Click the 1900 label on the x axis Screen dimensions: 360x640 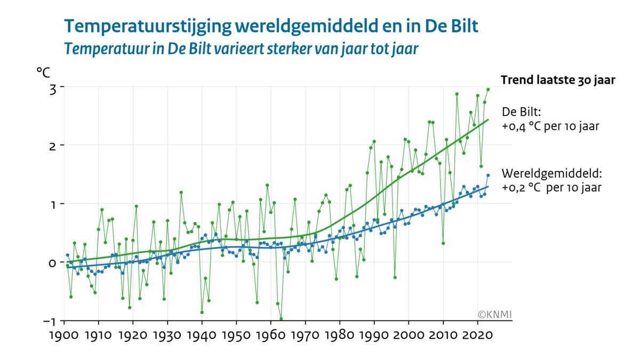pyautogui.click(x=65, y=337)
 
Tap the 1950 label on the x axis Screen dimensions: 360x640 pyautogui.click(x=236, y=337)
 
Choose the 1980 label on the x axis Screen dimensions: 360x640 pyautogui.click(x=340, y=337)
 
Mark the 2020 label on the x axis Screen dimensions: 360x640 pyautogui.click(x=477, y=337)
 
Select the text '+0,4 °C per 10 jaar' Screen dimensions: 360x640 pyautogui.click(x=551, y=127)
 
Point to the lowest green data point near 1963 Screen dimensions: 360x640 pyautogui.click(x=281, y=319)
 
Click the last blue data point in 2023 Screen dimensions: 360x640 pyautogui.click(x=487, y=175)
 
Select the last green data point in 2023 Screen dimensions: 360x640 pyautogui.click(x=487, y=90)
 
